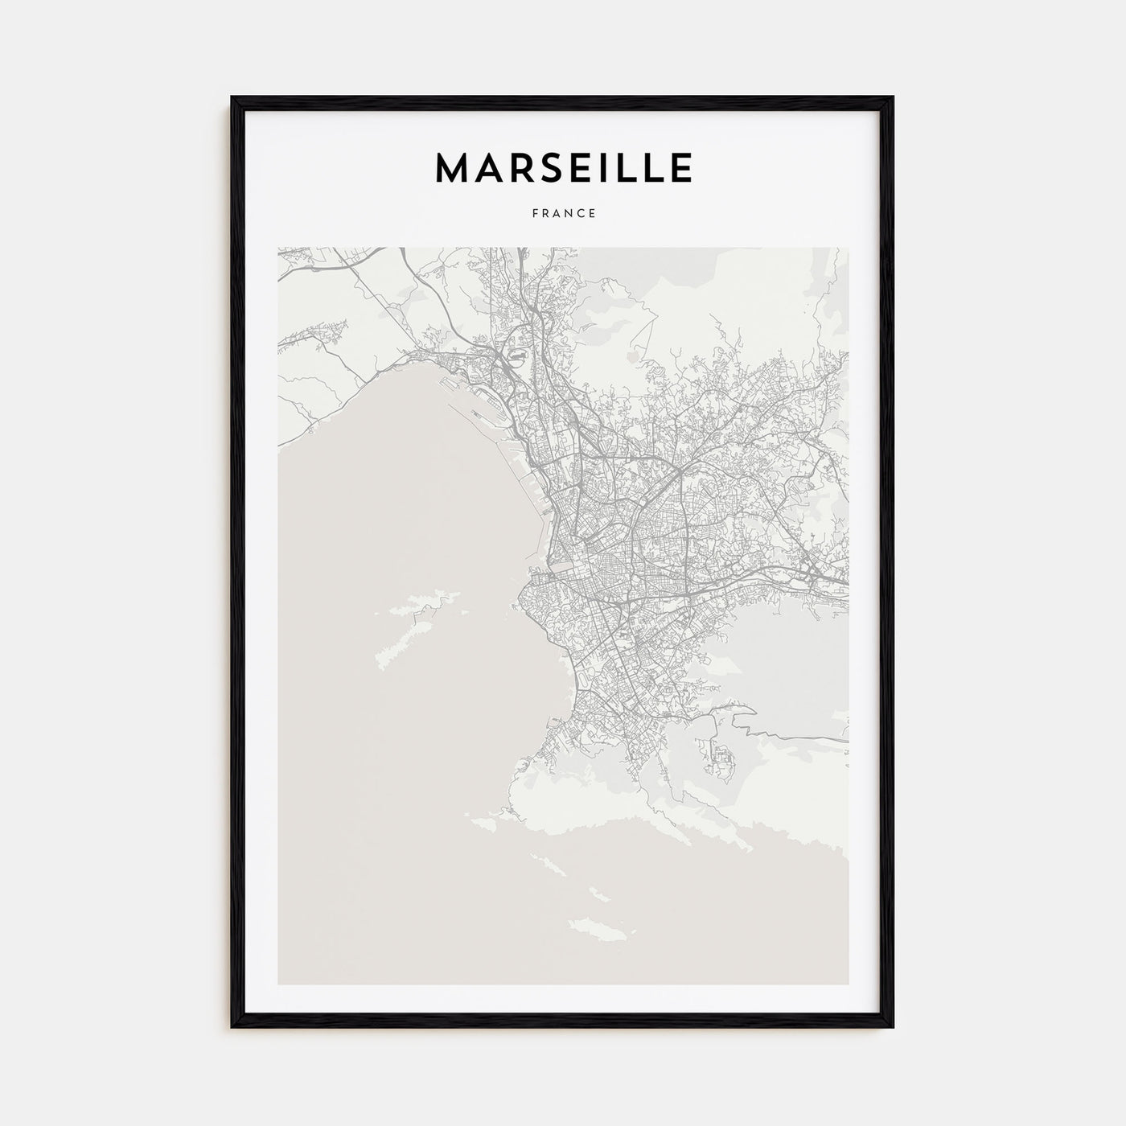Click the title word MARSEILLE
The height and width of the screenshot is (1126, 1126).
(x=563, y=168)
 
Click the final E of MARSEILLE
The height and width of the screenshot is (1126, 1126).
(x=679, y=168)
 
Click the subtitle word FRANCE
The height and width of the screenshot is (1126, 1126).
(x=563, y=214)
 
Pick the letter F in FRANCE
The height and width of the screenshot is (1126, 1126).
(x=534, y=214)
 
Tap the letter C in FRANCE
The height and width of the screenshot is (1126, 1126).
(x=581, y=214)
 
